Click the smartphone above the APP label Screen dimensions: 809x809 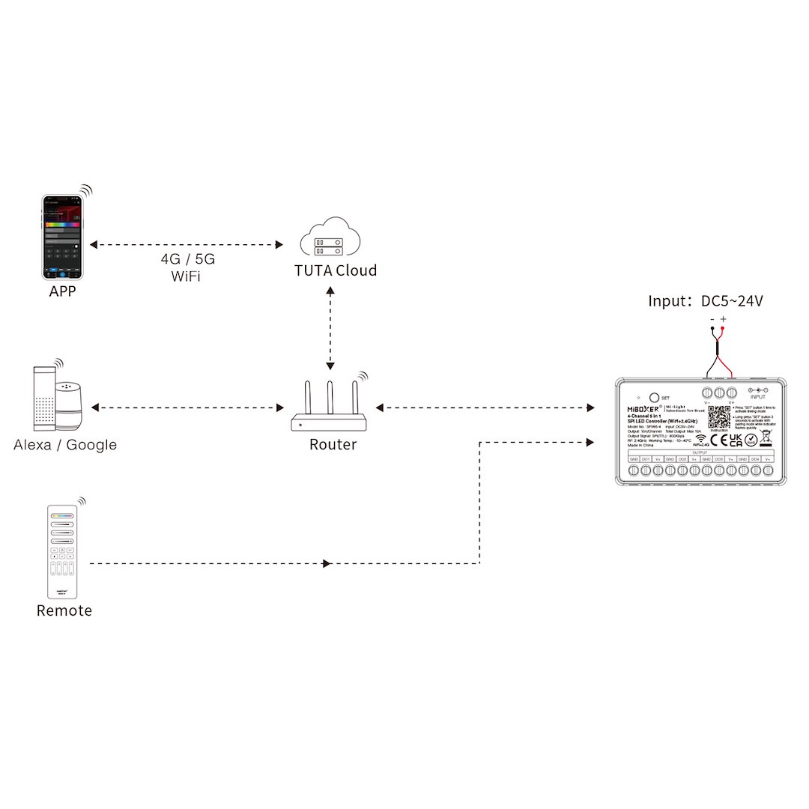62,236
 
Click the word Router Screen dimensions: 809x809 333,445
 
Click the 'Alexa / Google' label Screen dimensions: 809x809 65,445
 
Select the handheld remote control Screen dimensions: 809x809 63,550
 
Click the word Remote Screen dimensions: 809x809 64,610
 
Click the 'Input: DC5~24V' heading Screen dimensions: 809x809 706,301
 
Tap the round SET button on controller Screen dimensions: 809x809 653,397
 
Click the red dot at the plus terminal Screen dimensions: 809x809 723,330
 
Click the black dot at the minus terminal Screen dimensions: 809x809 712,330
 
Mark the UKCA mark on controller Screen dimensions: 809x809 736,439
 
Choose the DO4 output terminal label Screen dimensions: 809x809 755,458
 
